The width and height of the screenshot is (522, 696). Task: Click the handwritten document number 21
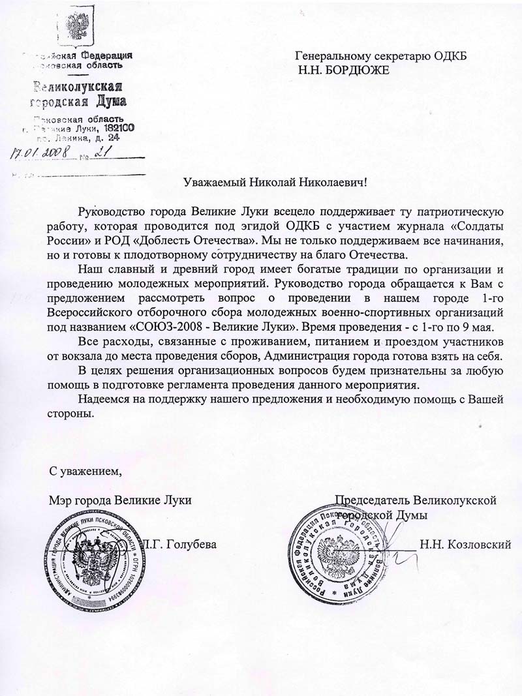click(101, 152)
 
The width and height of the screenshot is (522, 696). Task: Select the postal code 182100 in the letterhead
click(115, 128)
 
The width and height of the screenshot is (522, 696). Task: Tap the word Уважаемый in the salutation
click(215, 182)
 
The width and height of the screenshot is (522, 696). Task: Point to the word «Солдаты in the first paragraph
click(474, 226)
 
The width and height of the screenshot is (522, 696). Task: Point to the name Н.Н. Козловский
click(465, 544)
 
